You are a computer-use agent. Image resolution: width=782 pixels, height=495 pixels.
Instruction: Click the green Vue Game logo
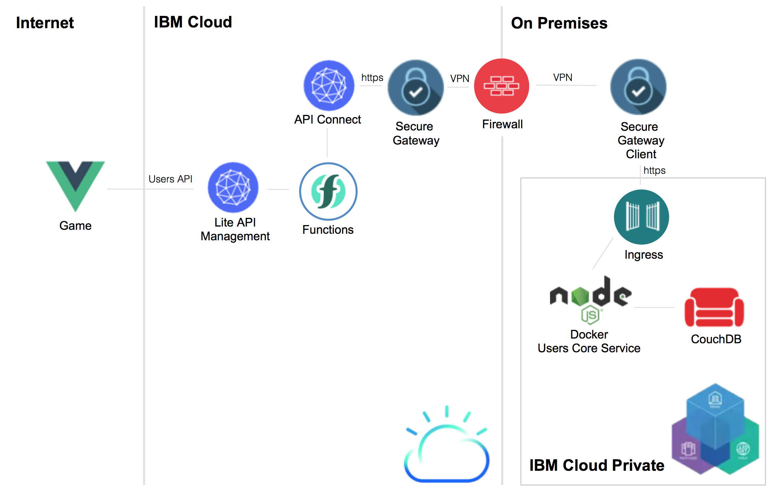75,184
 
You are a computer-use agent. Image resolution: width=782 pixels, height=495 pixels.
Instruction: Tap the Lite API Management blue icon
233,188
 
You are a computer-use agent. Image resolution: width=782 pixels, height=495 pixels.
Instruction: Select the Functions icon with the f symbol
328,191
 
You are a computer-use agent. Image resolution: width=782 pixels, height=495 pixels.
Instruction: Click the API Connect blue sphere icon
329,85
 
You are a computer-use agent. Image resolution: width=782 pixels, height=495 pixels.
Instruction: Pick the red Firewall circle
502,86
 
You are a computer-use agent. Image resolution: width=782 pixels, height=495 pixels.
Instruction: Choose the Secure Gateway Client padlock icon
638,87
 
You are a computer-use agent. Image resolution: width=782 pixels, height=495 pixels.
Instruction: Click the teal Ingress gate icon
641,217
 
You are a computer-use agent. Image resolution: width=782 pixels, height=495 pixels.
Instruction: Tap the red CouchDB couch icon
714,307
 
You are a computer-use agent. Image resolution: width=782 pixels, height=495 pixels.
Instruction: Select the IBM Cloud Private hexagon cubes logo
715,430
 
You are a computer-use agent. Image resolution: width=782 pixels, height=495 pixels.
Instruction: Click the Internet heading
45,23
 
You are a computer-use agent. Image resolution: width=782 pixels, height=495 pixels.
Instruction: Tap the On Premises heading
559,23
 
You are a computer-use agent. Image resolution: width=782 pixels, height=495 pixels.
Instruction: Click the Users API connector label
170,179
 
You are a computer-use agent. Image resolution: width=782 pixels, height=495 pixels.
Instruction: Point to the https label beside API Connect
372,78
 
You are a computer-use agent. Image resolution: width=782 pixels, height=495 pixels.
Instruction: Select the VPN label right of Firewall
563,77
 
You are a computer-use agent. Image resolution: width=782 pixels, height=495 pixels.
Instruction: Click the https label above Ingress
654,170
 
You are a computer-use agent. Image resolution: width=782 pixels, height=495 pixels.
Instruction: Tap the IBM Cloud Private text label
597,465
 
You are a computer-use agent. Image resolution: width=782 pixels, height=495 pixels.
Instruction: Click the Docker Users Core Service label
589,341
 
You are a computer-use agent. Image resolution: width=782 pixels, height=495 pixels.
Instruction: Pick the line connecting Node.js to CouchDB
654,307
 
